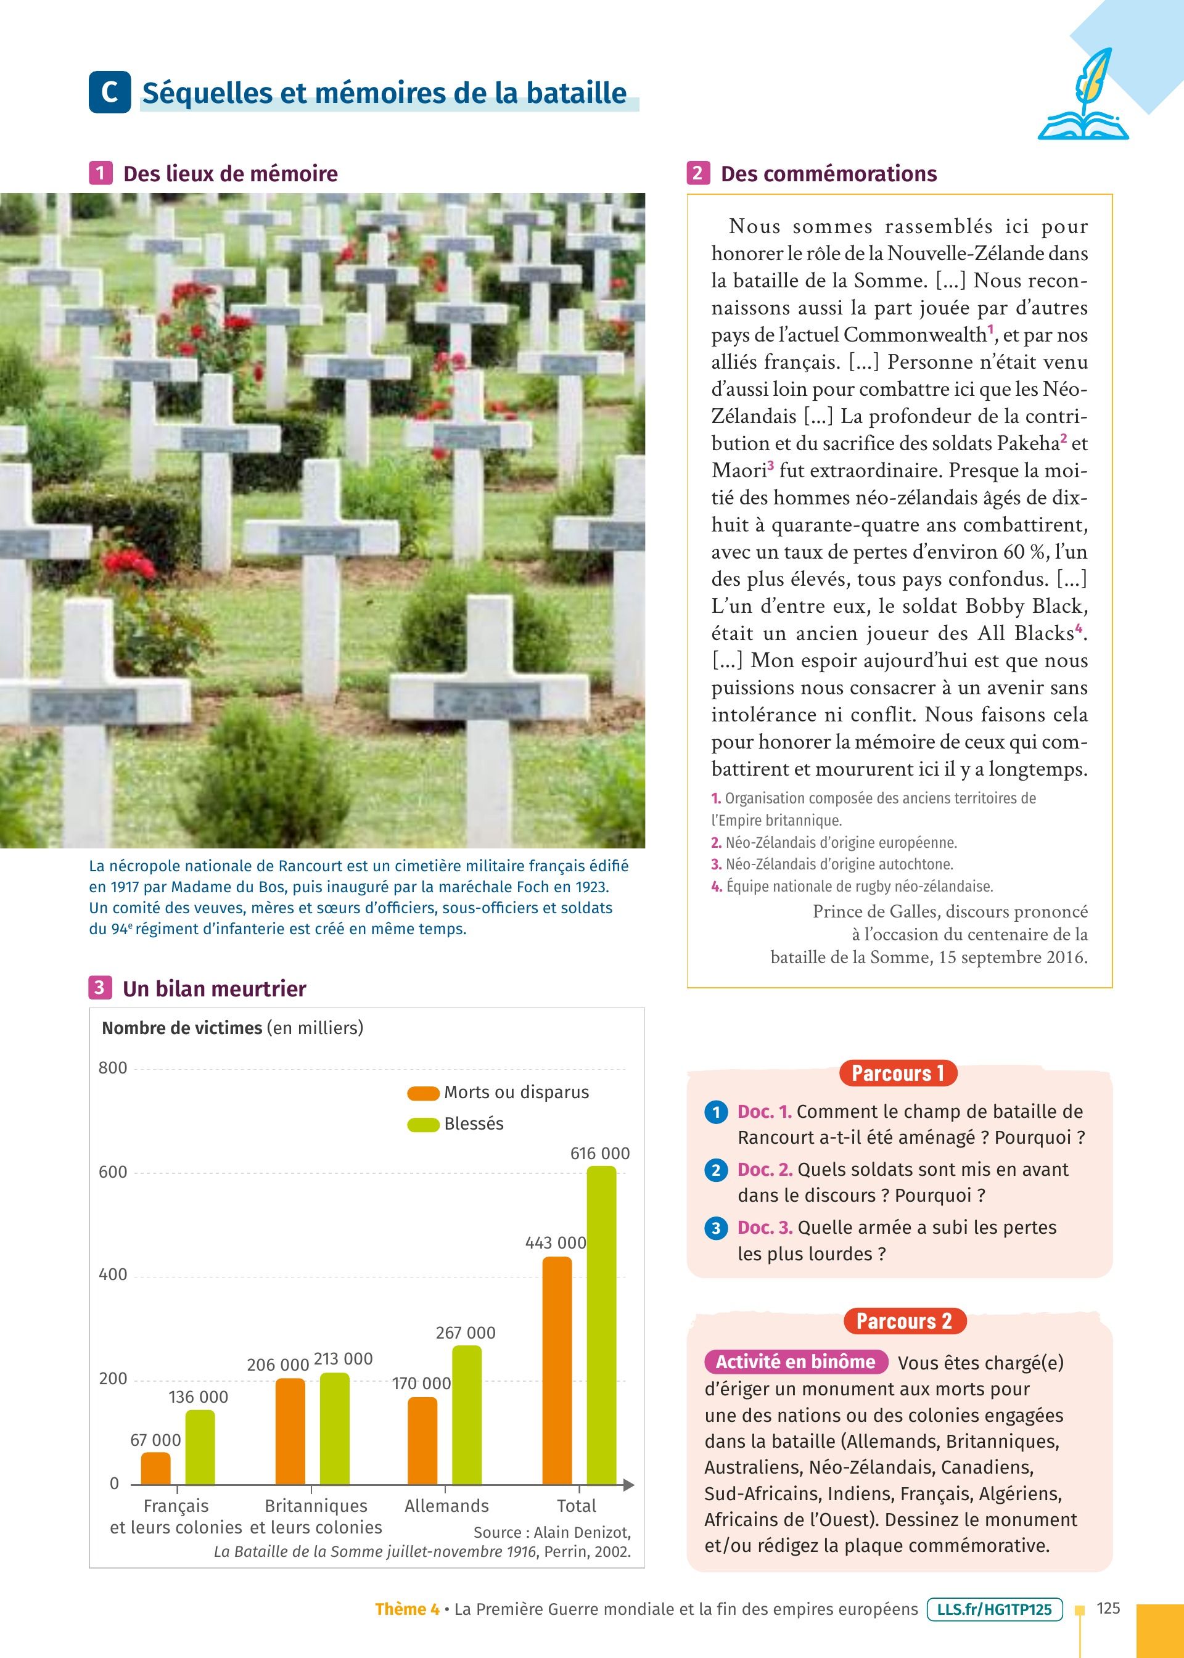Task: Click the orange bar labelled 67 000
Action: pyautogui.click(x=155, y=1468)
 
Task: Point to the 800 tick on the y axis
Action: pyautogui.click(x=112, y=1069)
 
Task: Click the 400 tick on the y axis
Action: pyautogui.click(x=112, y=1274)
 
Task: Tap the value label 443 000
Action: pyautogui.click(x=556, y=1242)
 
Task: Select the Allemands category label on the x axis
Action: pyautogui.click(x=446, y=1506)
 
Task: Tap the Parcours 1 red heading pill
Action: pyautogui.click(x=897, y=1073)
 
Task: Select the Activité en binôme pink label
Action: pyautogui.click(x=795, y=1362)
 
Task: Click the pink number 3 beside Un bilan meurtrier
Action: pyautogui.click(x=100, y=988)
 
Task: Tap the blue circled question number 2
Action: pyautogui.click(x=716, y=1170)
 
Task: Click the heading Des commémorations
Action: pyautogui.click(x=828, y=173)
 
